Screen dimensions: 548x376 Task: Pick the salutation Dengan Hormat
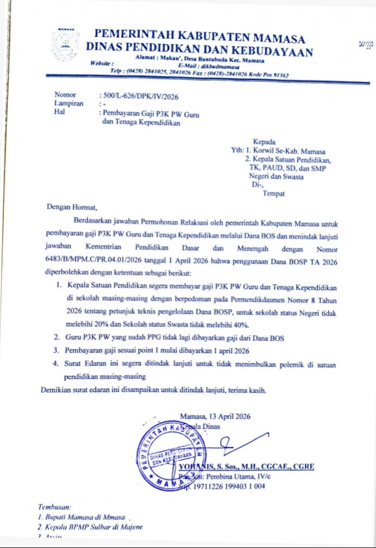(72, 207)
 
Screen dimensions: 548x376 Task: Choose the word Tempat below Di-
(274, 193)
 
